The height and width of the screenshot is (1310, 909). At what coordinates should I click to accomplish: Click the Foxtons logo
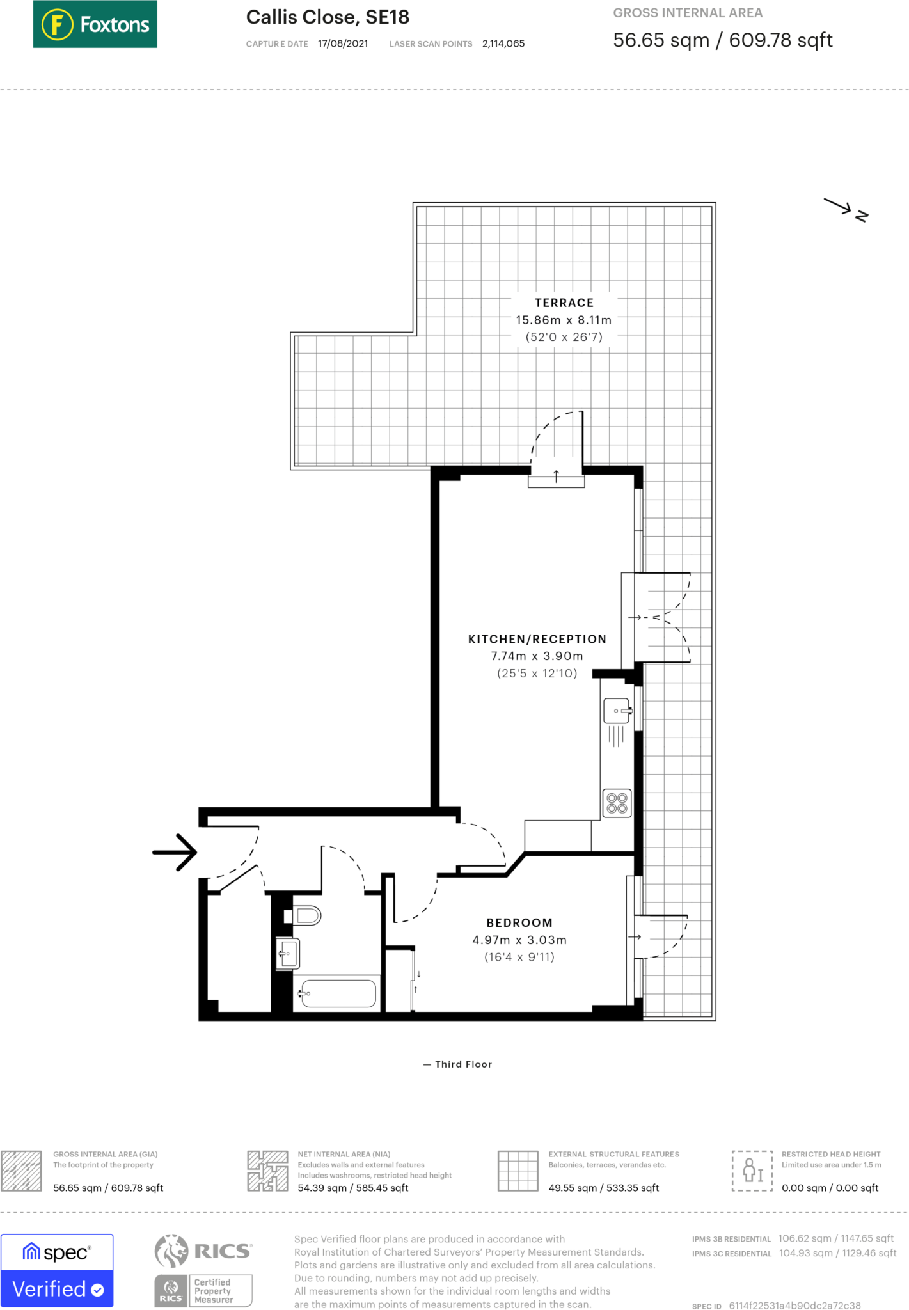coord(95,24)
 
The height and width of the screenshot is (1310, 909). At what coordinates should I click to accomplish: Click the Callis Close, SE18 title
coord(328,17)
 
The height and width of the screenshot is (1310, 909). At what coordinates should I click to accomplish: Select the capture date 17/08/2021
coord(343,44)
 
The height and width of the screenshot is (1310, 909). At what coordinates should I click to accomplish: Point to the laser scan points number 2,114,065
coord(503,44)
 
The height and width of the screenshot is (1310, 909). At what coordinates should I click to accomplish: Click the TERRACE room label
coord(564,303)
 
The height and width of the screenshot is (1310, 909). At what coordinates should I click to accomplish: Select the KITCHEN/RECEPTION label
coord(537,639)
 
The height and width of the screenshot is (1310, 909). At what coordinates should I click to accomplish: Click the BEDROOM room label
coord(519,923)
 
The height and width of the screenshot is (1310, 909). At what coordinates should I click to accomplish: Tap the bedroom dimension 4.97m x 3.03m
coord(519,940)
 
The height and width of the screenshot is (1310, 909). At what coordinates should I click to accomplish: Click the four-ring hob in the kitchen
coord(617,803)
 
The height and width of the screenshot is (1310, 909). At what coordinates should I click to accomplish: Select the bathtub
coord(338,993)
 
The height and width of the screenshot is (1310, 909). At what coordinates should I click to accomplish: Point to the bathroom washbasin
coord(289,954)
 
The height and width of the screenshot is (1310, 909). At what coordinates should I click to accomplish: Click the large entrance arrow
coord(175,852)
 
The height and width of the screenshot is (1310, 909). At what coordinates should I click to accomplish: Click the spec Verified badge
coord(57,1270)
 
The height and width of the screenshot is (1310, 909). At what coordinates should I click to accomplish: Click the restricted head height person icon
coord(752,1171)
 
